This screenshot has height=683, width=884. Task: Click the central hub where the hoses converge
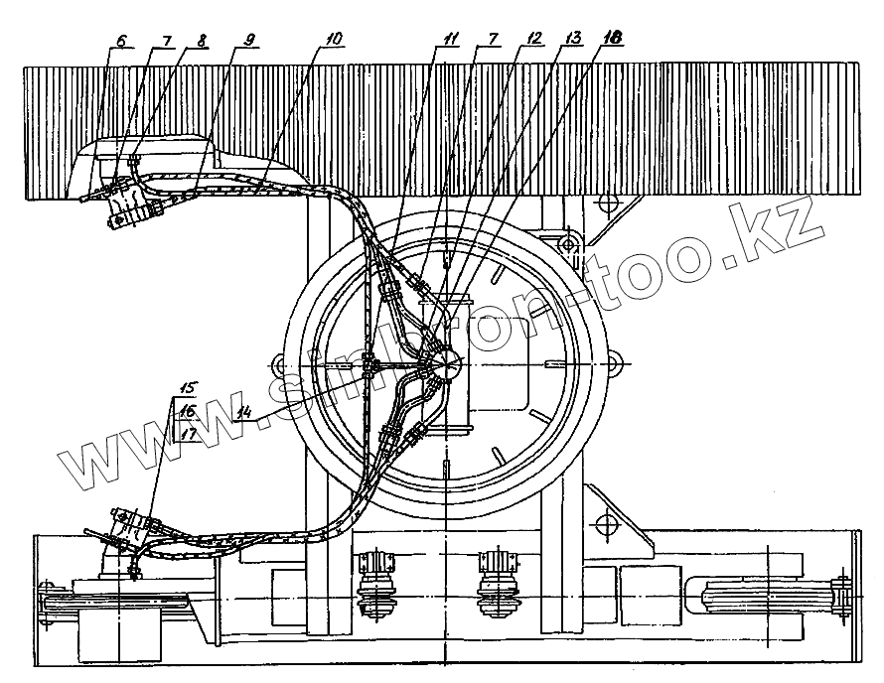[x=442, y=364]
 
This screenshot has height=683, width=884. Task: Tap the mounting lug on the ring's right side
[x=618, y=364]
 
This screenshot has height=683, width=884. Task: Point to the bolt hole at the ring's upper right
[x=568, y=243]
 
